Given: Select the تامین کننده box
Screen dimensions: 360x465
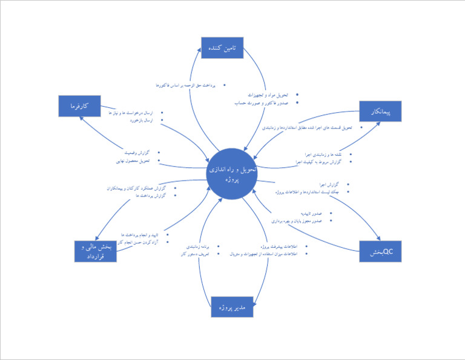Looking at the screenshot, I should pyautogui.click(x=222, y=48).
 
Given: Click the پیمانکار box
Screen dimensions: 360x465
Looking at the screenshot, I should pyautogui.click(x=380, y=112).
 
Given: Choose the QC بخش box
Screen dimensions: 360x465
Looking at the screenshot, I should pyautogui.click(x=380, y=251).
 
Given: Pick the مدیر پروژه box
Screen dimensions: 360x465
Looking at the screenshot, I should pyautogui.click(x=231, y=307).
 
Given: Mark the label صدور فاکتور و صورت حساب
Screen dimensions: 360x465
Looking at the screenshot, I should pyautogui.click(x=263, y=104).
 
